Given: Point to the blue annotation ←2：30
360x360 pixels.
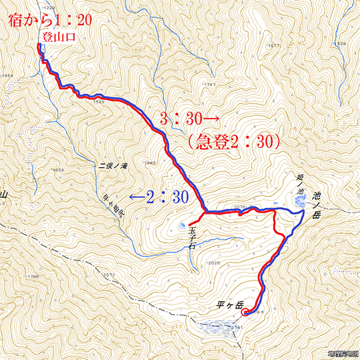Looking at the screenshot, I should (159, 197).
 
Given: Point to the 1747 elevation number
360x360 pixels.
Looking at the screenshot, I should (210, 84).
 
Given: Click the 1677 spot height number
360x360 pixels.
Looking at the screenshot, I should (275, 45).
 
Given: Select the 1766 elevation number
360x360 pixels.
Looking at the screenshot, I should (32, 276).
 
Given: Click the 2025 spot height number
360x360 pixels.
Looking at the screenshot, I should (214, 263).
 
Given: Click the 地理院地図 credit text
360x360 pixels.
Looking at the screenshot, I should (342, 354).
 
